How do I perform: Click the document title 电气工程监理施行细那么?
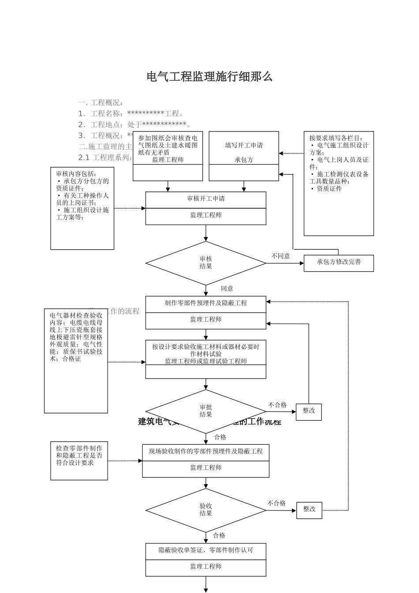pyautogui.click(x=209, y=77)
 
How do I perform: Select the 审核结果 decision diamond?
pyautogui.click(x=206, y=263)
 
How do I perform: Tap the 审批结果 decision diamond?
pyautogui.click(x=206, y=411)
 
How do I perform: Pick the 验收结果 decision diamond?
pyautogui.click(x=206, y=510)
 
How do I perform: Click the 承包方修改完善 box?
pyautogui.click(x=338, y=263)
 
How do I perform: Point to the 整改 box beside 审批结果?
pyautogui.click(x=308, y=411)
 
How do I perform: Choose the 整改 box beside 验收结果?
pyautogui.click(x=309, y=510)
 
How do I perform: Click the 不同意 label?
pyautogui.click(x=281, y=256)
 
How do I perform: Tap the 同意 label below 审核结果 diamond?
pyautogui.click(x=227, y=289)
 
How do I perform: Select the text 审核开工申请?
pyautogui.click(x=206, y=199)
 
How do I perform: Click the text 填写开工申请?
pyautogui.click(x=243, y=146)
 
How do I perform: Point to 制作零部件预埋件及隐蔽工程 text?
pyautogui.click(x=206, y=303)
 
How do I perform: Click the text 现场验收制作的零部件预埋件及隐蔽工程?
pyautogui.click(x=206, y=451)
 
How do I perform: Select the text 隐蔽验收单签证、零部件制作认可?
pyautogui.click(x=206, y=550)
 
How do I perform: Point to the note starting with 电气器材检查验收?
pyautogui.click(x=76, y=337)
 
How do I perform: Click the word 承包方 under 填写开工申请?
pyautogui.click(x=243, y=160)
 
